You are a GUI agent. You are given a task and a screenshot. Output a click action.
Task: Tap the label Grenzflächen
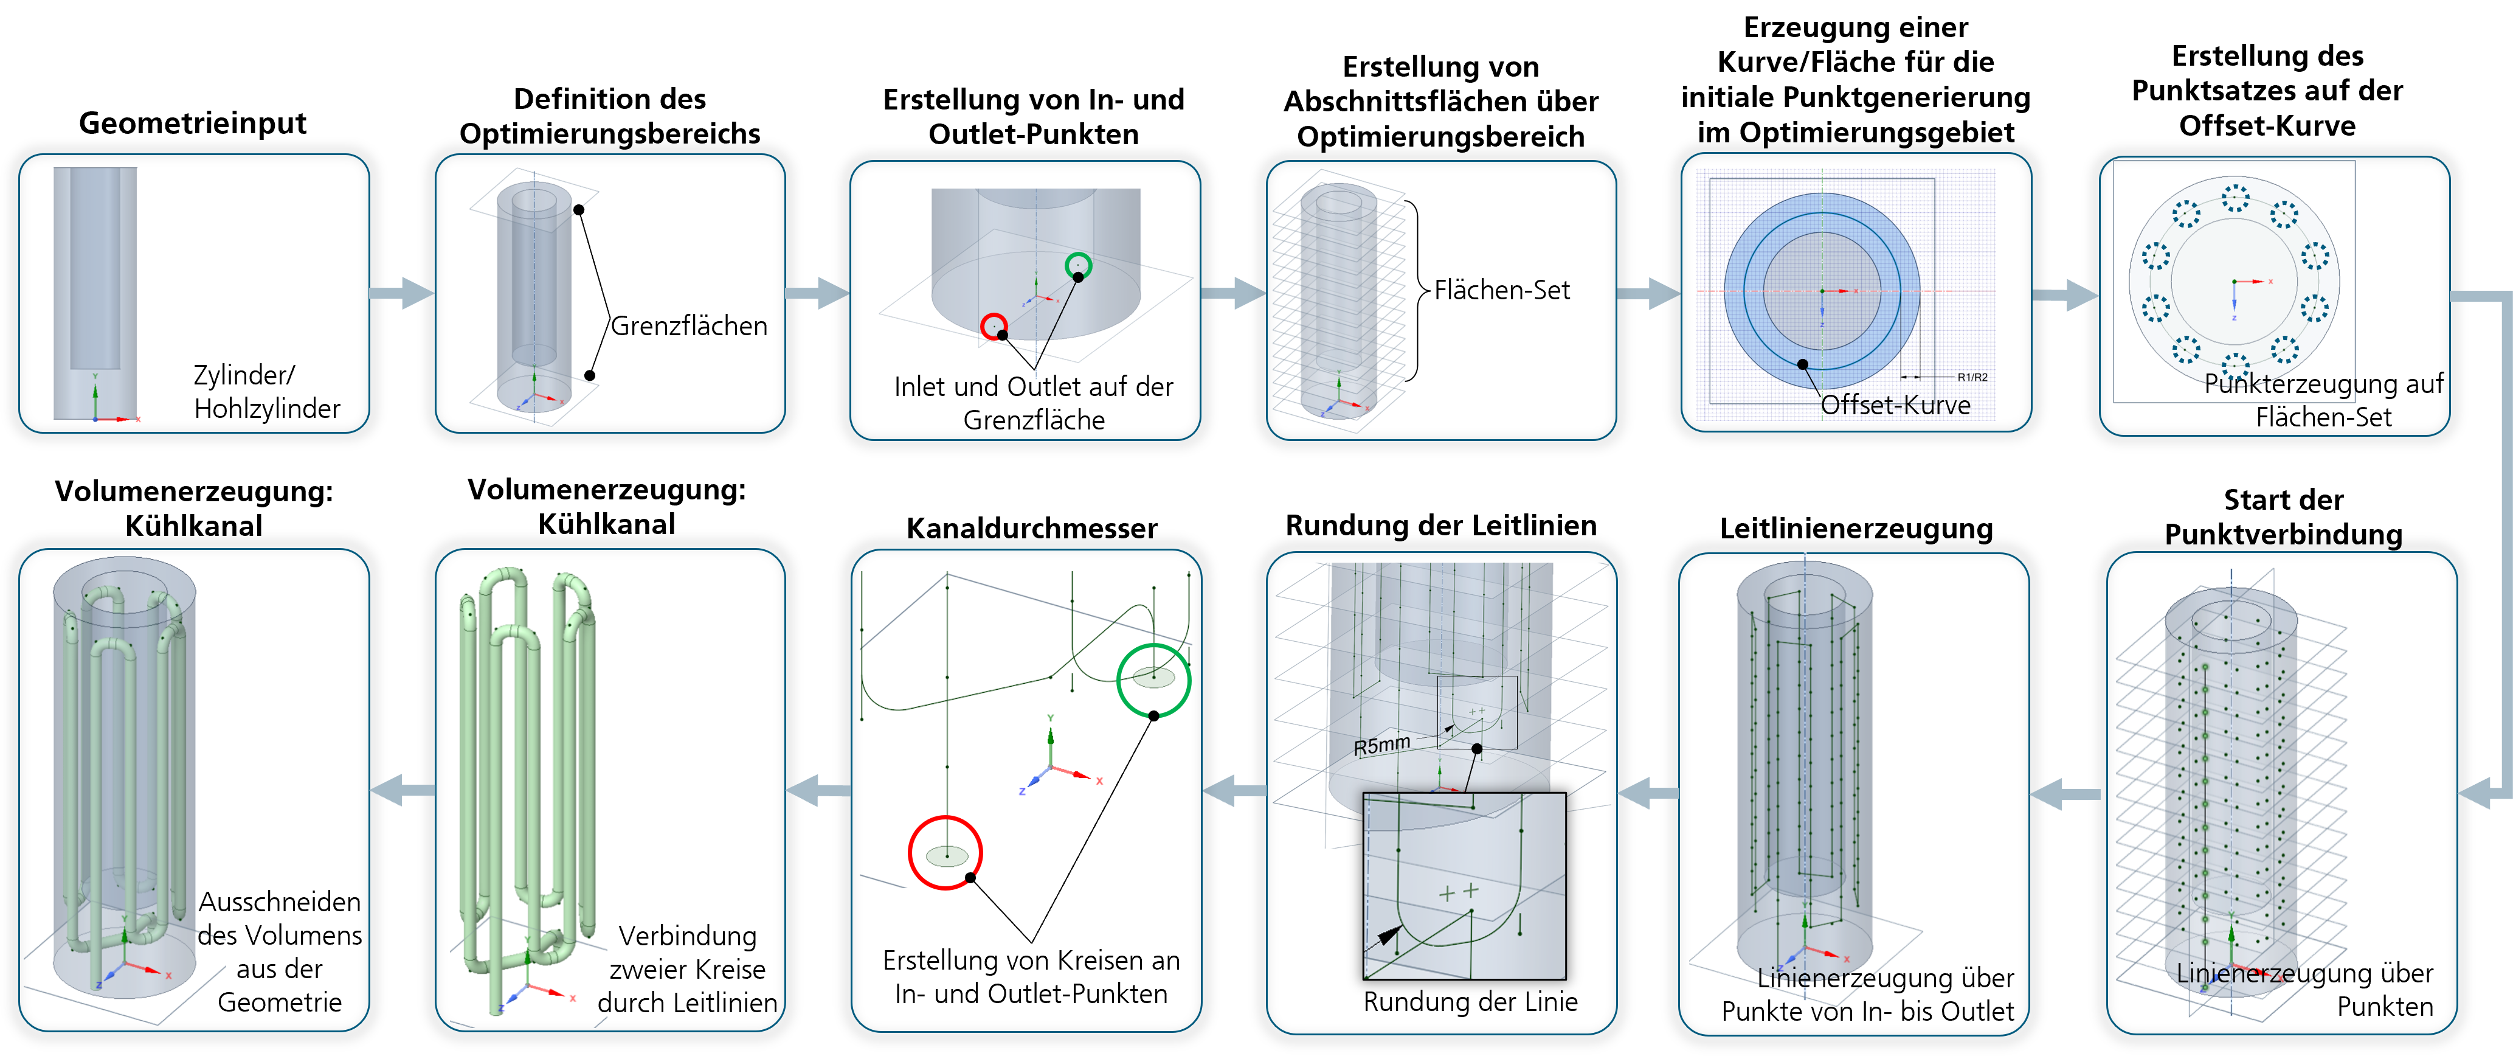[689, 326]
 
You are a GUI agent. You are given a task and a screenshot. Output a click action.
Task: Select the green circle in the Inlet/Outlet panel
[1078, 265]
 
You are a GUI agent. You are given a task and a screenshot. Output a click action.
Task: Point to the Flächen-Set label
[1501, 290]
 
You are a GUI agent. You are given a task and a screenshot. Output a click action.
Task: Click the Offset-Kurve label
[1895, 405]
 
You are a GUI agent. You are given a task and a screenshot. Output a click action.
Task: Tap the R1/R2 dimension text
[1972, 377]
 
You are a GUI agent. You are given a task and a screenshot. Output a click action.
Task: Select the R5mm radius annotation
[1381, 746]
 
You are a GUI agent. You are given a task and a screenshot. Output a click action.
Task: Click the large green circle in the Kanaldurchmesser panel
[1153, 679]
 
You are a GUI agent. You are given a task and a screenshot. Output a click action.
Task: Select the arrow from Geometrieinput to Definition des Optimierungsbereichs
[402, 292]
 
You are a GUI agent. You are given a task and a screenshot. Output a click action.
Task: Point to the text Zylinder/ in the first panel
[243, 375]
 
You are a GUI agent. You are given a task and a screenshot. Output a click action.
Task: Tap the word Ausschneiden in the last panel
[279, 901]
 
